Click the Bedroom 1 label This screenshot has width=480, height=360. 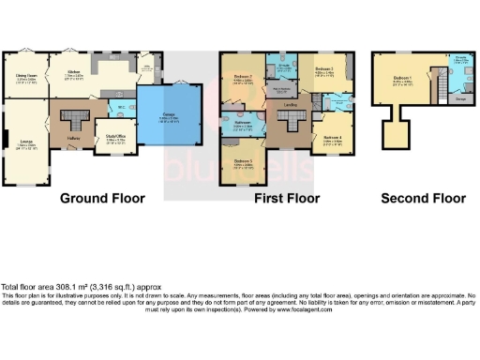[402, 79]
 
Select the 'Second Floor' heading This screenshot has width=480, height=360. [423, 198]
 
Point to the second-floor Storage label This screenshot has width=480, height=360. [460, 97]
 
